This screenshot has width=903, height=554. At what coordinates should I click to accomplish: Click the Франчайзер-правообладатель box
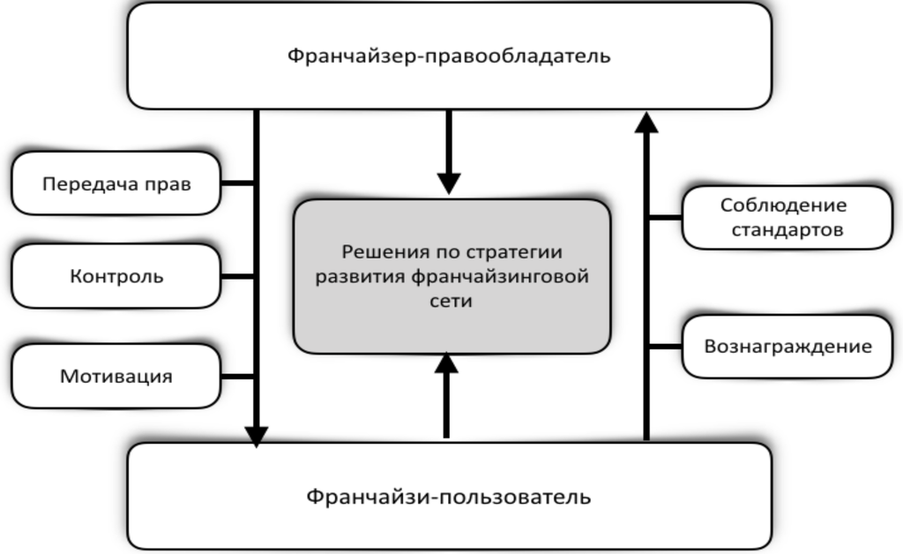[449, 56]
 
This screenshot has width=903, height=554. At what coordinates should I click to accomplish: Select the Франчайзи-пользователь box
[449, 496]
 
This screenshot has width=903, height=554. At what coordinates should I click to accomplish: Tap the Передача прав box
[116, 183]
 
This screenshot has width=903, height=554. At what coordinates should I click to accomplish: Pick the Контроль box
[116, 276]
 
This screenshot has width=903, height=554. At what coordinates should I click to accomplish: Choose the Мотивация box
[116, 376]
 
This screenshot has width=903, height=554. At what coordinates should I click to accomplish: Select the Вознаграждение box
[787, 346]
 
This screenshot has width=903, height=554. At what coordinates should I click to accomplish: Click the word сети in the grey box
[452, 301]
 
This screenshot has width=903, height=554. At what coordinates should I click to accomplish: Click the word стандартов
[783, 230]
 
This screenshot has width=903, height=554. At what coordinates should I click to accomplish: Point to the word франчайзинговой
[501, 276]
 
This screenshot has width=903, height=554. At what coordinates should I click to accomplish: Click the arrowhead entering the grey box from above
[449, 183]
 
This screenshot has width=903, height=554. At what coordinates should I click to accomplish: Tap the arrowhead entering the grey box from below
[447, 363]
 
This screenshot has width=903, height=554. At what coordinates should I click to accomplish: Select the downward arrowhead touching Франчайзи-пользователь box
[257, 436]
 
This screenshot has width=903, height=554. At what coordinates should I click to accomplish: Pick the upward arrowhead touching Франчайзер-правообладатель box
[646, 122]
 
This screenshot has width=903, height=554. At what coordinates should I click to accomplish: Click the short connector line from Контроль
[236, 276]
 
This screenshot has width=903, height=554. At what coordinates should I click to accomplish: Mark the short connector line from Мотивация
[236, 377]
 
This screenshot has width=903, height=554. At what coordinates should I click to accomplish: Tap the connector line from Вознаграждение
[666, 347]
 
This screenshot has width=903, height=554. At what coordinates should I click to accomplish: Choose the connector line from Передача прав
[236, 183]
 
